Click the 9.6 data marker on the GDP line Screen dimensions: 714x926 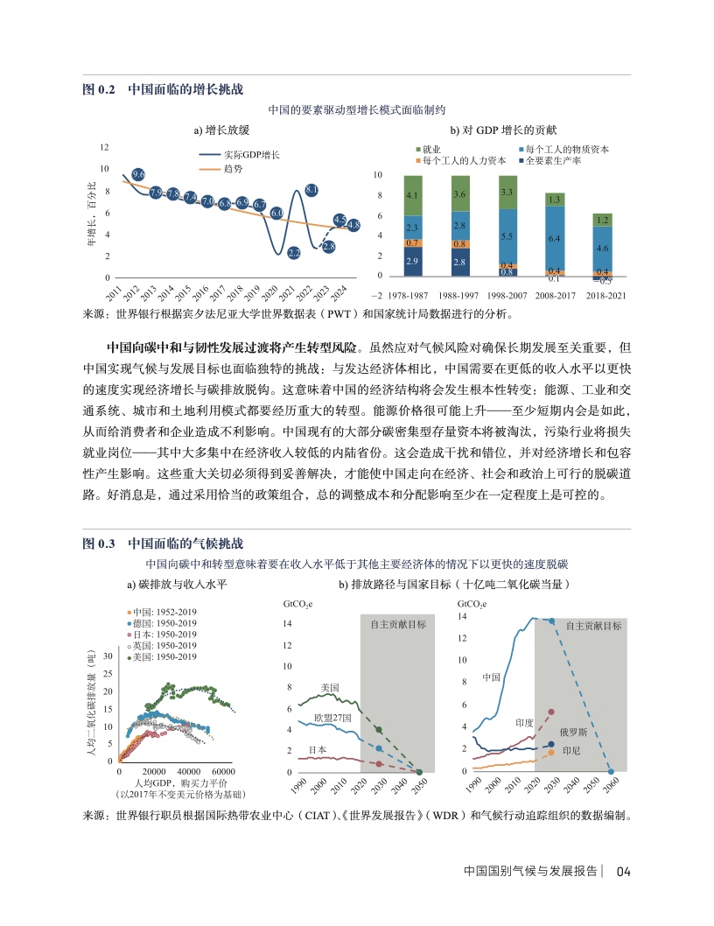138,174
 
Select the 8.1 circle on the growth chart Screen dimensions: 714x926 311,190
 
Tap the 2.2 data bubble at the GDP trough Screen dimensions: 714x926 294,253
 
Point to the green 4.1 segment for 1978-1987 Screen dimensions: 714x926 412,194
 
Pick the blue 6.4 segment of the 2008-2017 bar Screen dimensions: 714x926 555,238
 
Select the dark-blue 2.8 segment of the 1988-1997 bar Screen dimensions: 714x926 460,263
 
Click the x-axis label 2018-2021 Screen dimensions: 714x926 605,295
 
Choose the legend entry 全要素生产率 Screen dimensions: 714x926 549,161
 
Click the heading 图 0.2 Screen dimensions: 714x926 99,90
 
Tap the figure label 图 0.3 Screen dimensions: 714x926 99,544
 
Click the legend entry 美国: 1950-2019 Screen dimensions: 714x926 162,656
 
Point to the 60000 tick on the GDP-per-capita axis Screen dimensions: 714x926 223,771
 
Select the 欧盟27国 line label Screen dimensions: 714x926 332,718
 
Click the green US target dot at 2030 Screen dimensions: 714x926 379,730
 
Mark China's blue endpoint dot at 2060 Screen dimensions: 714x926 612,771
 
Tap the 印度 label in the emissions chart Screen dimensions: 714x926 524,722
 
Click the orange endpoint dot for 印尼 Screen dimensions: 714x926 551,753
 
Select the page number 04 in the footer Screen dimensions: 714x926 623,872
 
